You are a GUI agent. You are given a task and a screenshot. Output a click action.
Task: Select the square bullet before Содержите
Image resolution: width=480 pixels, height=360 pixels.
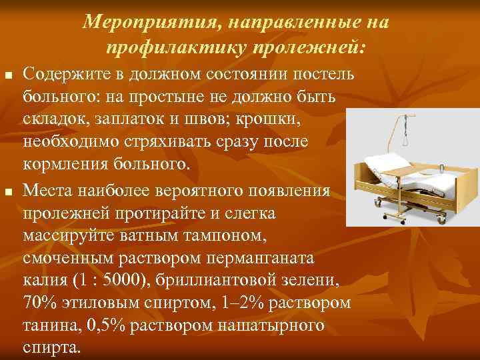click(x=8, y=71)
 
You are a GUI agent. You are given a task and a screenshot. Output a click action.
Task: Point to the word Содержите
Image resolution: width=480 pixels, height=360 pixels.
click(x=65, y=72)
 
